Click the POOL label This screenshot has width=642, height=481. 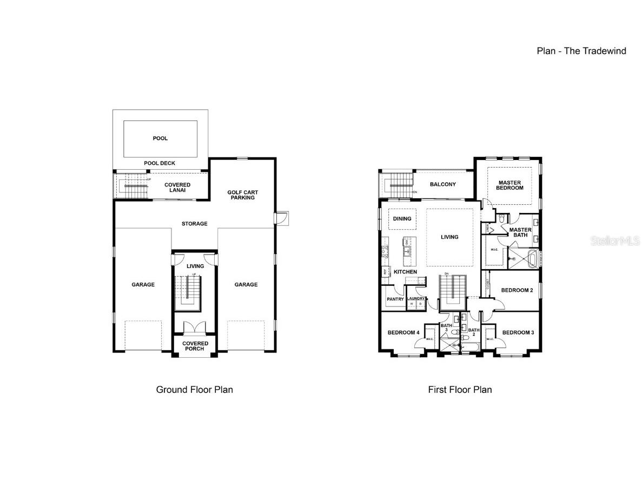pyautogui.click(x=160, y=138)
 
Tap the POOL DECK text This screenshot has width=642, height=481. pyautogui.click(x=160, y=163)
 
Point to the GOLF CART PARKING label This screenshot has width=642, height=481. pyautogui.click(x=241, y=195)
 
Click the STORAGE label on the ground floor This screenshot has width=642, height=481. pyautogui.click(x=194, y=224)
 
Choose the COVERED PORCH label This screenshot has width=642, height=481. pyautogui.click(x=195, y=346)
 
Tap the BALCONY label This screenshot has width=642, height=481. pyautogui.click(x=443, y=184)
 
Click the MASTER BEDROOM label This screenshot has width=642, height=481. pyautogui.click(x=511, y=185)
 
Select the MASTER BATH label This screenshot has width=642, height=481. pyautogui.click(x=521, y=232)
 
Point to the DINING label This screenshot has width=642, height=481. pyautogui.click(x=402, y=219)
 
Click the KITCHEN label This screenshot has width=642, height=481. pyautogui.click(x=405, y=271)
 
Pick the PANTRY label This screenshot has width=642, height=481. pyautogui.click(x=395, y=299)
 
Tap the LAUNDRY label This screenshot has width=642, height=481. pyautogui.click(x=416, y=298)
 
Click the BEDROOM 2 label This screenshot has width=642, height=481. pyautogui.click(x=517, y=290)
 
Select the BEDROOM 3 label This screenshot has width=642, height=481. pyautogui.click(x=518, y=332)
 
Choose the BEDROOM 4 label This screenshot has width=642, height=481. pyautogui.click(x=403, y=332)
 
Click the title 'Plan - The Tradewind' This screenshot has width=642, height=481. pyautogui.click(x=581, y=51)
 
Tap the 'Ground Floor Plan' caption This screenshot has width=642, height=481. pyautogui.click(x=195, y=389)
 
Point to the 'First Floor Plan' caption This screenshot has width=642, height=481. pyautogui.click(x=460, y=389)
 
